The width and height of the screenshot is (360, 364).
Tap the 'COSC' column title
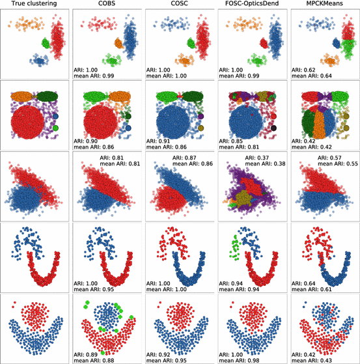pos(179,5)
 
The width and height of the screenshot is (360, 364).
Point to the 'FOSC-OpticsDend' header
pos(251,5)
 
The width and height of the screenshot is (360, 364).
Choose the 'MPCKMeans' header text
pos(324,5)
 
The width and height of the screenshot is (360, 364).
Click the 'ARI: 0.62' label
pos(311,67)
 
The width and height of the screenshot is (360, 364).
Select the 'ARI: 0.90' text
pos(94,139)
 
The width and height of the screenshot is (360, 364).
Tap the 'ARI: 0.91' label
pos(166,139)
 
